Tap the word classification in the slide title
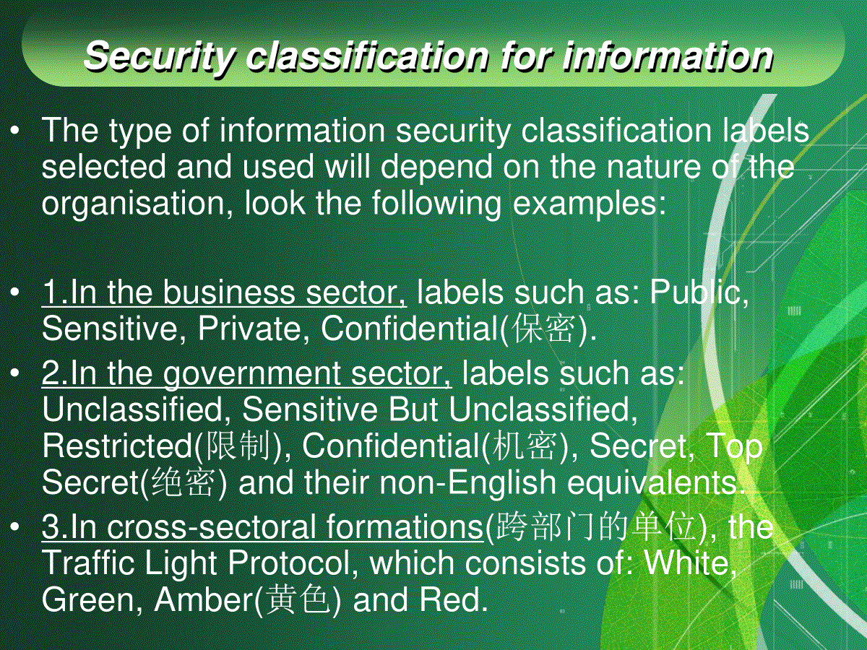367,56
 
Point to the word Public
699,292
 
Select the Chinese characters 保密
543,329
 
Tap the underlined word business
229,292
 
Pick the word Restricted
117,446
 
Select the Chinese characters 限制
236,446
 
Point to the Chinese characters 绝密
184,482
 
